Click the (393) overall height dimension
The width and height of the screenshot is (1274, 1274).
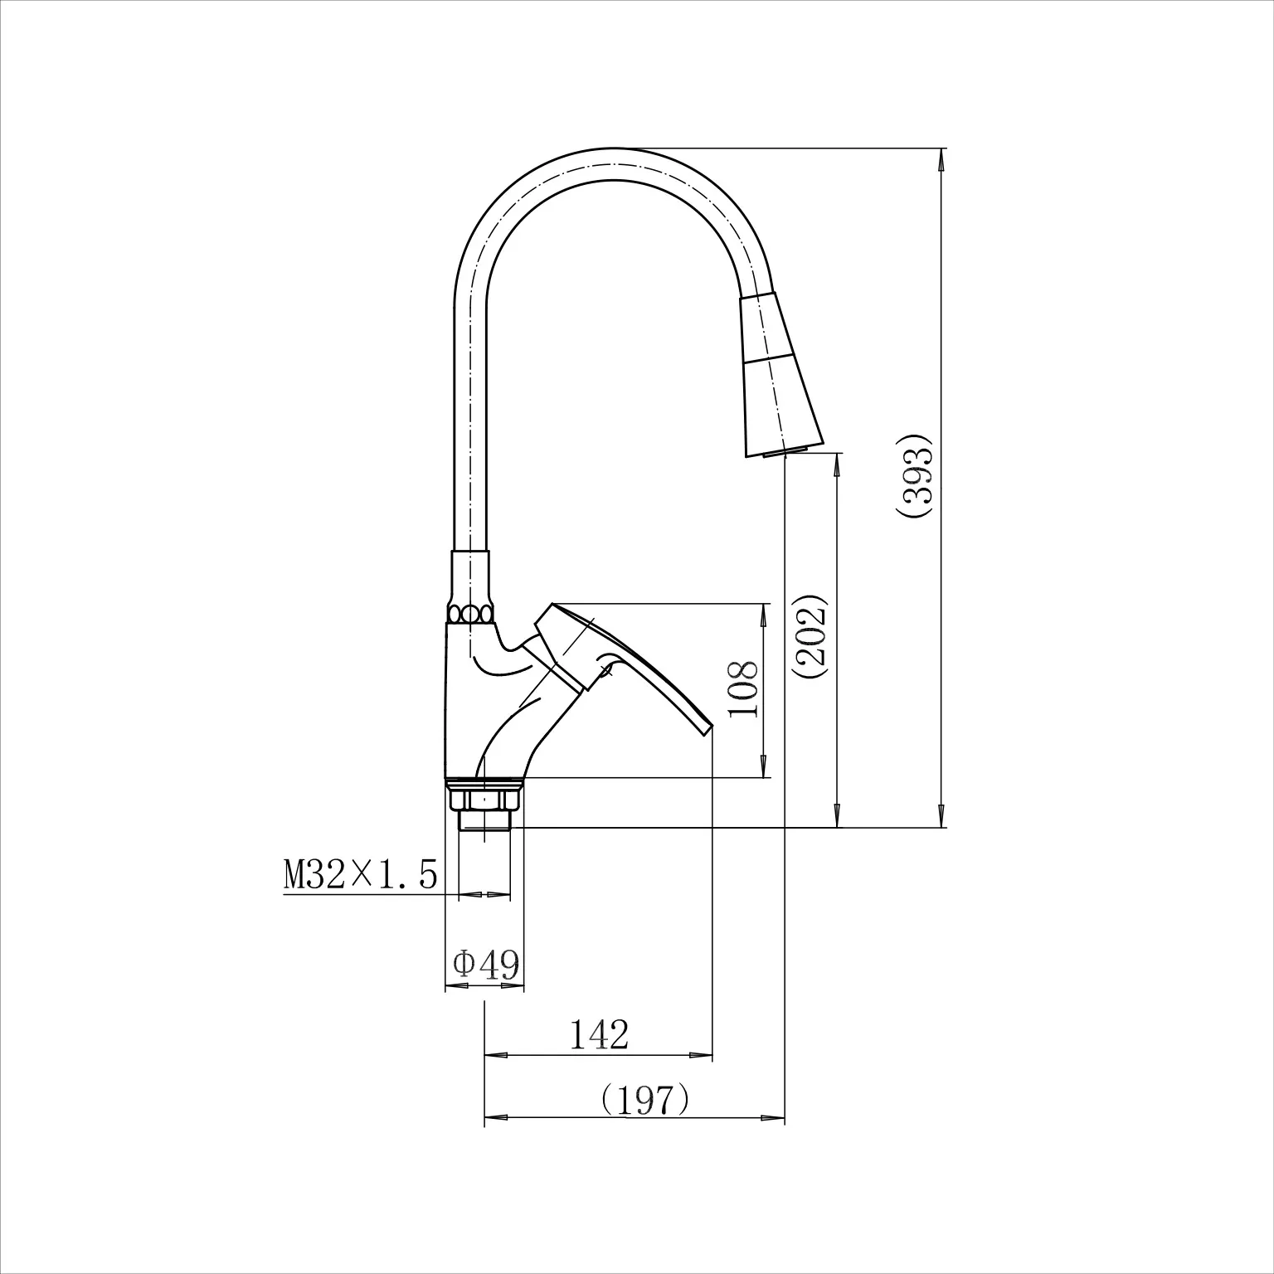coord(916,479)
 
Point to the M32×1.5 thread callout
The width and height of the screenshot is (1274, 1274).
coord(360,874)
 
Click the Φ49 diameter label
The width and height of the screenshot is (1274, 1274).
coord(486,964)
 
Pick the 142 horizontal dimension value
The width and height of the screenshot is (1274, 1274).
coord(599,1034)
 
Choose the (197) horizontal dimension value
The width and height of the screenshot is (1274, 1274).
coord(644,1100)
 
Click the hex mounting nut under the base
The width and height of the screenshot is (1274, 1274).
coord(485,800)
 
